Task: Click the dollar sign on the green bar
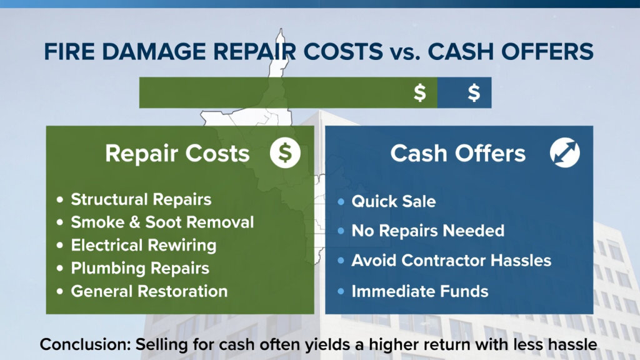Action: [x=420, y=92]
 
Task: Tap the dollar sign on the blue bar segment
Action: [x=474, y=92]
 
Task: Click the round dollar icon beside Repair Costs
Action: [x=285, y=154]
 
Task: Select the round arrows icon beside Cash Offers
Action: [x=565, y=154]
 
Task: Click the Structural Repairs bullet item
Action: [x=141, y=199]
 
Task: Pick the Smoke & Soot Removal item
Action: [x=162, y=222]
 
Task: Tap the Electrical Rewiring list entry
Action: [x=143, y=245]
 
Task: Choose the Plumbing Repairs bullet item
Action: [x=140, y=268]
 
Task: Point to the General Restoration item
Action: [x=149, y=291]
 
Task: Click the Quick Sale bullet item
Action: [x=393, y=201]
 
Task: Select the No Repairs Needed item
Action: [x=427, y=231]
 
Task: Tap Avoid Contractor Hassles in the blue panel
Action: [x=451, y=260]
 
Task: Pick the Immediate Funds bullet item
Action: [x=420, y=291]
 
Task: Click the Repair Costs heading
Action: [x=177, y=154]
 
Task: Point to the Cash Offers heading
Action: [x=458, y=154]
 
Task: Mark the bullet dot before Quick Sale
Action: [x=341, y=202]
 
